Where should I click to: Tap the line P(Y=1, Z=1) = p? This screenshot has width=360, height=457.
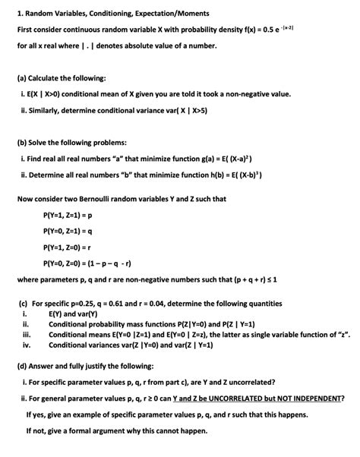73,216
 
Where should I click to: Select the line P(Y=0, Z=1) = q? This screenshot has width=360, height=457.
73,232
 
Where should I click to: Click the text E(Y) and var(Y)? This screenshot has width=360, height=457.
76,313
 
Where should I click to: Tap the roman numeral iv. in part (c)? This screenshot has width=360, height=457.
26,344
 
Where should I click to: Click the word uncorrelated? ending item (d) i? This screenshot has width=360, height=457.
250,381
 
